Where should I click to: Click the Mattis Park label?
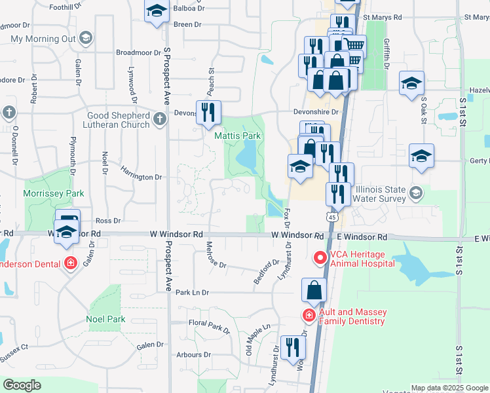[237, 136]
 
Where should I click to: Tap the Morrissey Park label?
[54, 193]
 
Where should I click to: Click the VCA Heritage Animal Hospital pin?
[320, 257]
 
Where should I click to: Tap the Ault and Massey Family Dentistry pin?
[309, 315]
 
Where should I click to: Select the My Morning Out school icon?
[86, 39]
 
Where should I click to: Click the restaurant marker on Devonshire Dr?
[208, 112]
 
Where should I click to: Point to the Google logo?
[22, 385]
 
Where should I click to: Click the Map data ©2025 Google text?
[450, 388]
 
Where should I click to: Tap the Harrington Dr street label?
[140, 177]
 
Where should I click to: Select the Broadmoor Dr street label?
[138, 52]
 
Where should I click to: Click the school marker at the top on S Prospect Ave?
[156, 12]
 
